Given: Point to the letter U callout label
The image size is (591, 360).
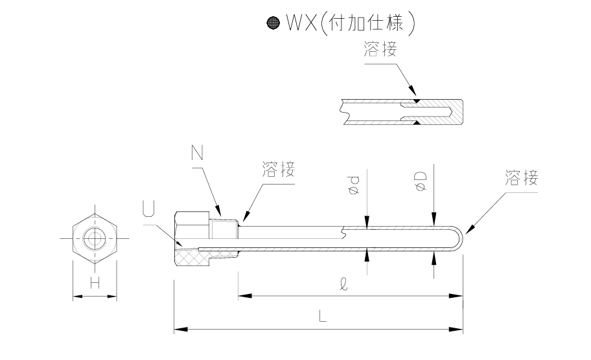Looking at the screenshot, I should tap(148, 210).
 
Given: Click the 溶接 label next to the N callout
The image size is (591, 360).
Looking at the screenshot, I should tap(279, 170).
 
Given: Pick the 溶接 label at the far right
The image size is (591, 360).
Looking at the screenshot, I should tap(521, 178).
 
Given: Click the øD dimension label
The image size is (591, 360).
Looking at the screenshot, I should tap(422, 183).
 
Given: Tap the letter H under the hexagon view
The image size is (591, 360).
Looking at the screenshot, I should tap(95, 282).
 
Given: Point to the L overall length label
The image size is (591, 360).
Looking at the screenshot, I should tap(322, 317).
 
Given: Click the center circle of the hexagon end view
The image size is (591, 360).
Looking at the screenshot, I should tap(95, 239).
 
